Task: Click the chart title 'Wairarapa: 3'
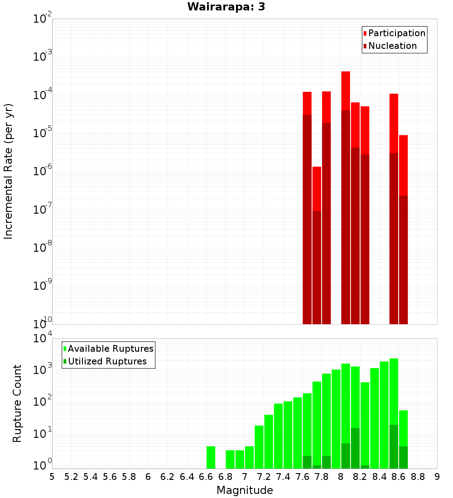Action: coord(226,7)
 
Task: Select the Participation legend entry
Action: coord(394,33)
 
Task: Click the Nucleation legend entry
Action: coord(390,46)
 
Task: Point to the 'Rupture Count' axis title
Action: coord(17,403)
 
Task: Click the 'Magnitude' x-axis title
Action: coord(245,490)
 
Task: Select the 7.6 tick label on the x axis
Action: coord(302,476)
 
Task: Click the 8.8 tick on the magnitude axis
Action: coord(418,476)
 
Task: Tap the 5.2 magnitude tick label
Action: coord(71,476)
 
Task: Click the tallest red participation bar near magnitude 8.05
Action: coord(346,91)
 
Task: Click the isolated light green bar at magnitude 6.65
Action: coord(211,457)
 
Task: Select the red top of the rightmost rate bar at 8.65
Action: coord(403,163)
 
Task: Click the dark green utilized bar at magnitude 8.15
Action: coord(355,448)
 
